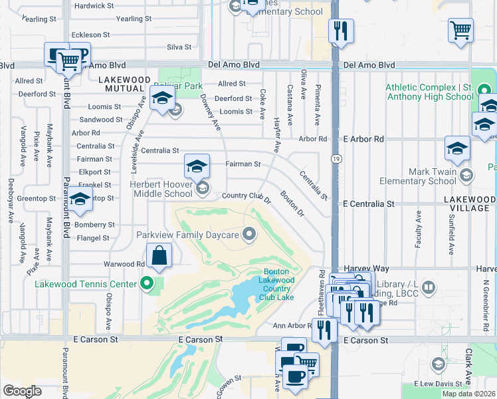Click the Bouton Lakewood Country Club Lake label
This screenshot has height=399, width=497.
coord(277,284)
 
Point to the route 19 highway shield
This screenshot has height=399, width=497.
coord(336,159)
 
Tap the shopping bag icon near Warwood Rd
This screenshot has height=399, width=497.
coord(160,255)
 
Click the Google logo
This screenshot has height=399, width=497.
coord(22,391)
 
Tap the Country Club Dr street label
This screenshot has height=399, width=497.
coord(247,196)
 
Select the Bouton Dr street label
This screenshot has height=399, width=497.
coord(292,204)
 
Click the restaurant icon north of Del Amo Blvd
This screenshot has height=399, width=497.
coord(341,31)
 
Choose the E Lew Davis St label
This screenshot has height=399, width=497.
coord(438,384)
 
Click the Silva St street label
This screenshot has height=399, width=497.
coord(179,47)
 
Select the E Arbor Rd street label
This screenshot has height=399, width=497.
coord(364,139)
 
